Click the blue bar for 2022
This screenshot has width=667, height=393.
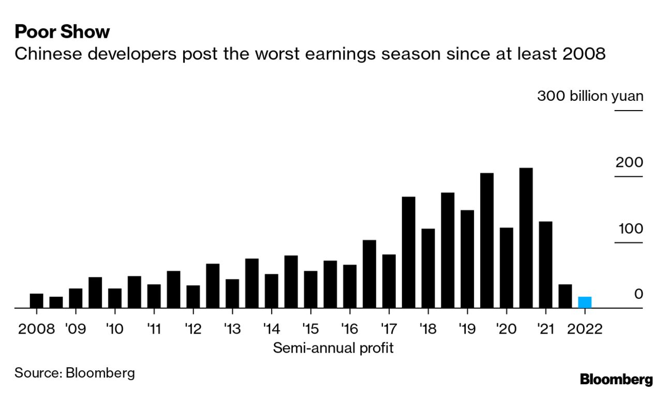(584, 303)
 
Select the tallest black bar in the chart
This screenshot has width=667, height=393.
(526, 238)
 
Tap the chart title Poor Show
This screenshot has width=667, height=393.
(62, 32)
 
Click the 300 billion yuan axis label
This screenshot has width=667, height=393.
(590, 96)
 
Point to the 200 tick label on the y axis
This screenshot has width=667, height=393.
(629, 162)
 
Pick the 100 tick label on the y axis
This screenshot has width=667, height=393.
(629, 229)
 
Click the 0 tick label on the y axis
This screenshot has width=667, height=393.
(638, 294)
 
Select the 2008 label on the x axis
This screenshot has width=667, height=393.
(36, 329)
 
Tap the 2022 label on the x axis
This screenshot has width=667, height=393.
(584, 329)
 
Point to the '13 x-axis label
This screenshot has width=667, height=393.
(232, 329)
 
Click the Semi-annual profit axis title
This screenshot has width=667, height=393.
(333, 348)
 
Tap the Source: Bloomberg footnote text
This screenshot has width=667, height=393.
(75, 373)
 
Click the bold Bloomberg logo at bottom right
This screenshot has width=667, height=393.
(616, 379)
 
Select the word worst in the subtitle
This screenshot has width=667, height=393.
(280, 53)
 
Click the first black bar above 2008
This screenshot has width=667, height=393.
(36, 300)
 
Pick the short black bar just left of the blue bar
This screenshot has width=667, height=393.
(565, 296)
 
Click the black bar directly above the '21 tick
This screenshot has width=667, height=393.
(545, 265)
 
